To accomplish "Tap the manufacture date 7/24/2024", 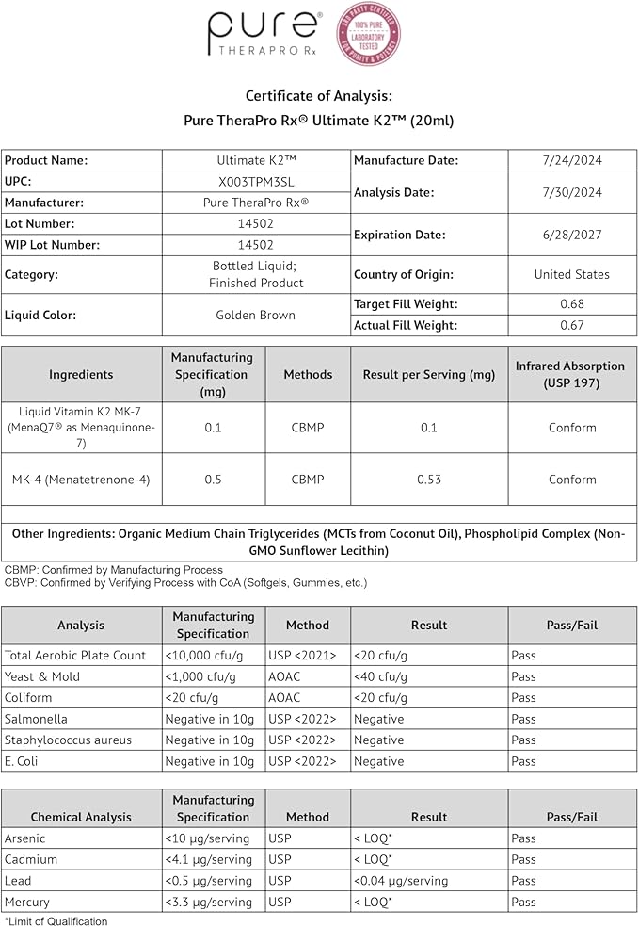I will (572, 160).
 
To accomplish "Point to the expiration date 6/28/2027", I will (572, 235).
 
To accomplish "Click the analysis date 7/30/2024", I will (572, 192).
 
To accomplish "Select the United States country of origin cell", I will (572, 274).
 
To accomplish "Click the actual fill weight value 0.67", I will (572, 325).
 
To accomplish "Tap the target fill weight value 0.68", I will (572, 303).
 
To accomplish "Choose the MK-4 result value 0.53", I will (429, 480).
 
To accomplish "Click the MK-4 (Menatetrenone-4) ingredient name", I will (82, 480).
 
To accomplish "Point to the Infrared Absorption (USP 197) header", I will (571, 374).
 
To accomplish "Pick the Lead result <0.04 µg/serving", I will (401, 881).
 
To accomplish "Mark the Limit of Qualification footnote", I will (56, 921).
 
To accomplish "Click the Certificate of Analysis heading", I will (319, 95).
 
